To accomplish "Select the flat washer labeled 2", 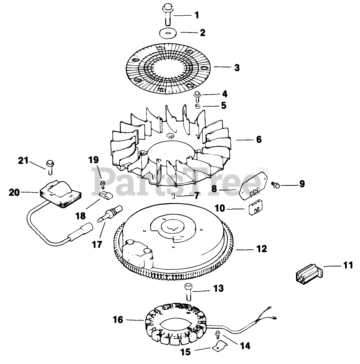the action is (x=168, y=33).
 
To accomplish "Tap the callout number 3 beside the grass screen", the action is (x=237, y=68).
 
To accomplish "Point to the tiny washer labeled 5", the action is (x=197, y=106).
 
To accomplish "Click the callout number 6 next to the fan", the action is (x=259, y=139).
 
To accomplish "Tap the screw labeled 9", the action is (x=276, y=185).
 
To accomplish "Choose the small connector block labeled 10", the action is (x=254, y=209).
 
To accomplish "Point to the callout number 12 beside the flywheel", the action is (x=262, y=249).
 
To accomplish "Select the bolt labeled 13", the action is (x=188, y=292).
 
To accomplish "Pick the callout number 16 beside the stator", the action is (x=118, y=320).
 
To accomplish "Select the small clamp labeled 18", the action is (x=105, y=195).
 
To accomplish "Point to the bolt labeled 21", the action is (x=49, y=167).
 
